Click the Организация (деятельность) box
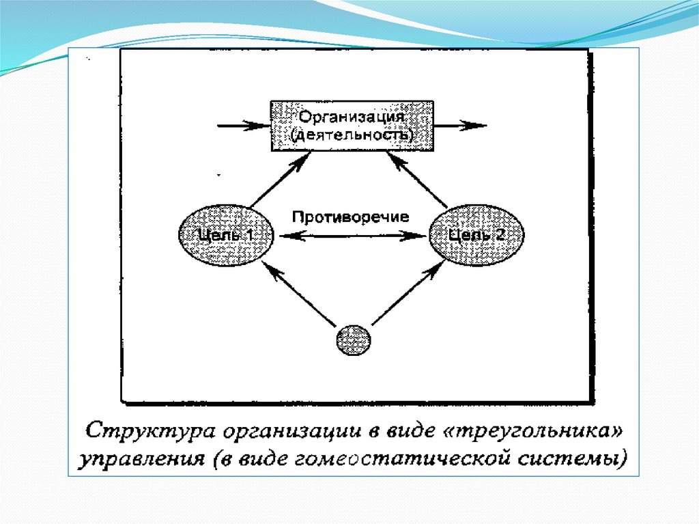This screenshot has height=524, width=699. pyautogui.click(x=351, y=125)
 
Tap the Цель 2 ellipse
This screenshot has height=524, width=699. pyautogui.click(x=477, y=235)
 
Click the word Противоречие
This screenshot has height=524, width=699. pyautogui.click(x=351, y=217)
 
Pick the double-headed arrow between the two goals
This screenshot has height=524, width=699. pyautogui.click(x=351, y=236)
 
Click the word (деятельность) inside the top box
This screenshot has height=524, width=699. pyautogui.click(x=351, y=135)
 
